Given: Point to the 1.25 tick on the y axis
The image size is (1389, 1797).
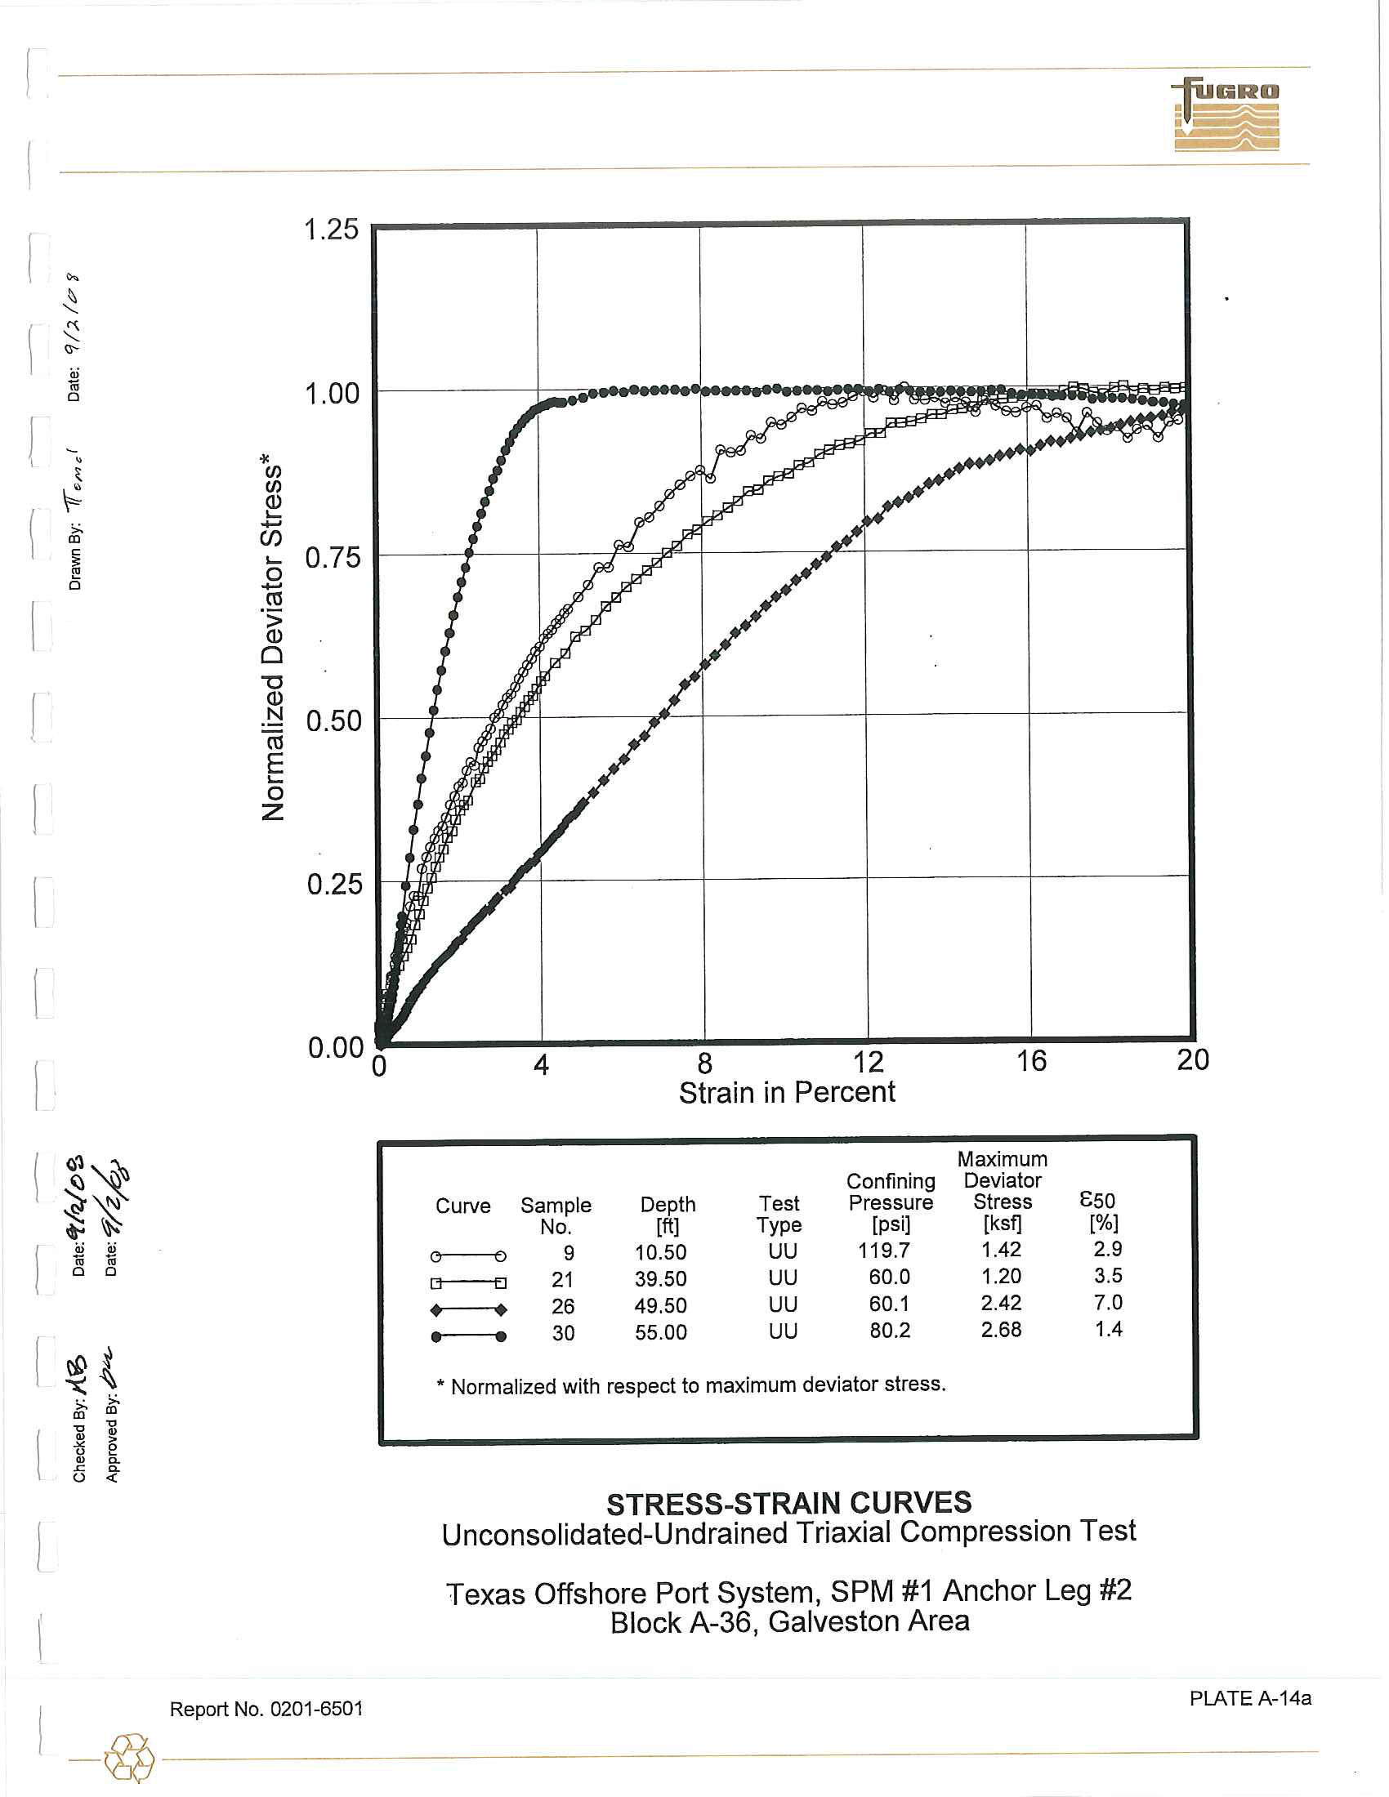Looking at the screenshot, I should (x=331, y=229).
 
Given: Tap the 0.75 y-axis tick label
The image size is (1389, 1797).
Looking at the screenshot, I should (x=333, y=557).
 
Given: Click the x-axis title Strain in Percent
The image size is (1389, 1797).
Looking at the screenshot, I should (x=786, y=1092).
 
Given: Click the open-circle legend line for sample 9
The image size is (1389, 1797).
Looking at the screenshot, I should (x=467, y=1255).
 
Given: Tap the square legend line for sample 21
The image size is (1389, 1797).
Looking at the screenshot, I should (x=467, y=1282).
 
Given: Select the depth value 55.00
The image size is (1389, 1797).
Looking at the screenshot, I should (x=660, y=1332).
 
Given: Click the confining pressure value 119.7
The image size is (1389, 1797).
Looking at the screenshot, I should (x=889, y=1251).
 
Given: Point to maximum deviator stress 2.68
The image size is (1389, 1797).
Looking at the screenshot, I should (x=1001, y=1330).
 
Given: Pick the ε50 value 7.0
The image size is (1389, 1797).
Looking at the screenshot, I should (x=1108, y=1303).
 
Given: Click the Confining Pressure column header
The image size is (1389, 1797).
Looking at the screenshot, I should (x=891, y=1202).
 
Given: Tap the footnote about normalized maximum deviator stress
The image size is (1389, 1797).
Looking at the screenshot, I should (x=691, y=1385).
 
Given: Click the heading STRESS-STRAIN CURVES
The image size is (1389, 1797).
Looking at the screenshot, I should (x=788, y=1503).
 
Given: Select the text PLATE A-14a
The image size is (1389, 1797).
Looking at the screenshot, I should (x=1249, y=1697).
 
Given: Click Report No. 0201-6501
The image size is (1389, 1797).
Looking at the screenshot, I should (x=266, y=1709).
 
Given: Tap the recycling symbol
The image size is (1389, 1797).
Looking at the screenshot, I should (x=128, y=1759).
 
